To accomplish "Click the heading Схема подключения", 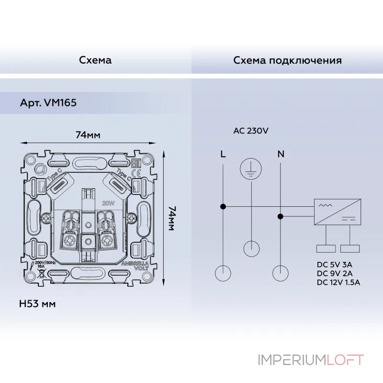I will click(x=287, y=60).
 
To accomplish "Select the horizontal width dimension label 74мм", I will click(x=88, y=135).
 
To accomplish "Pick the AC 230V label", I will click(x=251, y=131).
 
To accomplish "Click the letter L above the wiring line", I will click(x=223, y=154).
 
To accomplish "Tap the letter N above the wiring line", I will click(x=281, y=154).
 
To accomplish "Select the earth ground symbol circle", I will click(x=250, y=168).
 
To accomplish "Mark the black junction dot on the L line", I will click(x=223, y=207).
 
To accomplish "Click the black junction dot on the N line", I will click(x=281, y=216).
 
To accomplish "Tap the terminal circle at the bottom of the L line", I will click(x=223, y=272).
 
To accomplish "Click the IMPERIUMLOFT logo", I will click(x=311, y=360).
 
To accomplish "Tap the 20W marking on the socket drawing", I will click(x=108, y=203).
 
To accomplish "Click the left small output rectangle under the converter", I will click(x=326, y=248).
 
